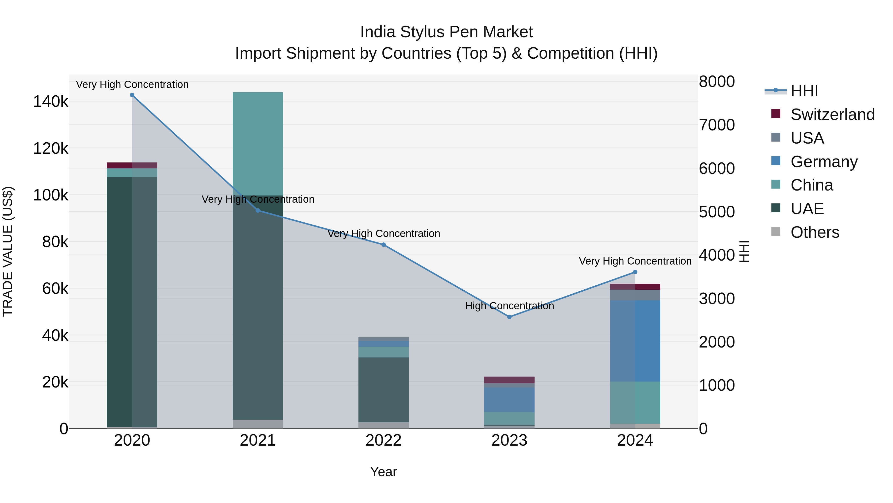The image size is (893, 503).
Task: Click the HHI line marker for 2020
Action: click(132, 95)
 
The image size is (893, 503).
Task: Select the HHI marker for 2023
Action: click(509, 317)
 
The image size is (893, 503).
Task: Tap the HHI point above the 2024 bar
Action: click(635, 272)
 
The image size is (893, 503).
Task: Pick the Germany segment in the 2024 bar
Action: click(635, 341)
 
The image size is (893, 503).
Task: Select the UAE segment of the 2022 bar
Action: click(383, 390)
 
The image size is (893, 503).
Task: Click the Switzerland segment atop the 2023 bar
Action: click(509, 380)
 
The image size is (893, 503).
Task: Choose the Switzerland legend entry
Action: click(832, 115)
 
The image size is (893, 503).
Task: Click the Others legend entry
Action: click(815, 232)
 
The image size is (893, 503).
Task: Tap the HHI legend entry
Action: click(804, 91)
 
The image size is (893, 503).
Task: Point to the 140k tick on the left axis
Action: click(51, 102)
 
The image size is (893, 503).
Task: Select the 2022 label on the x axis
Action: click(383, 440)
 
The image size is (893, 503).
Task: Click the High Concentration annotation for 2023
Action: click(509, 306)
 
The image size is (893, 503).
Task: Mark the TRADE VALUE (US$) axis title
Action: click(8, 251)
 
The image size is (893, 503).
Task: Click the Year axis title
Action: click(383, 472)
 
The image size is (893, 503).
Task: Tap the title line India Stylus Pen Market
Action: click(446, 32)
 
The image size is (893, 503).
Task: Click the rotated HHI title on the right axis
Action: click(744, 251)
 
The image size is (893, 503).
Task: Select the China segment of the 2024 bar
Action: click(635, 403)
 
